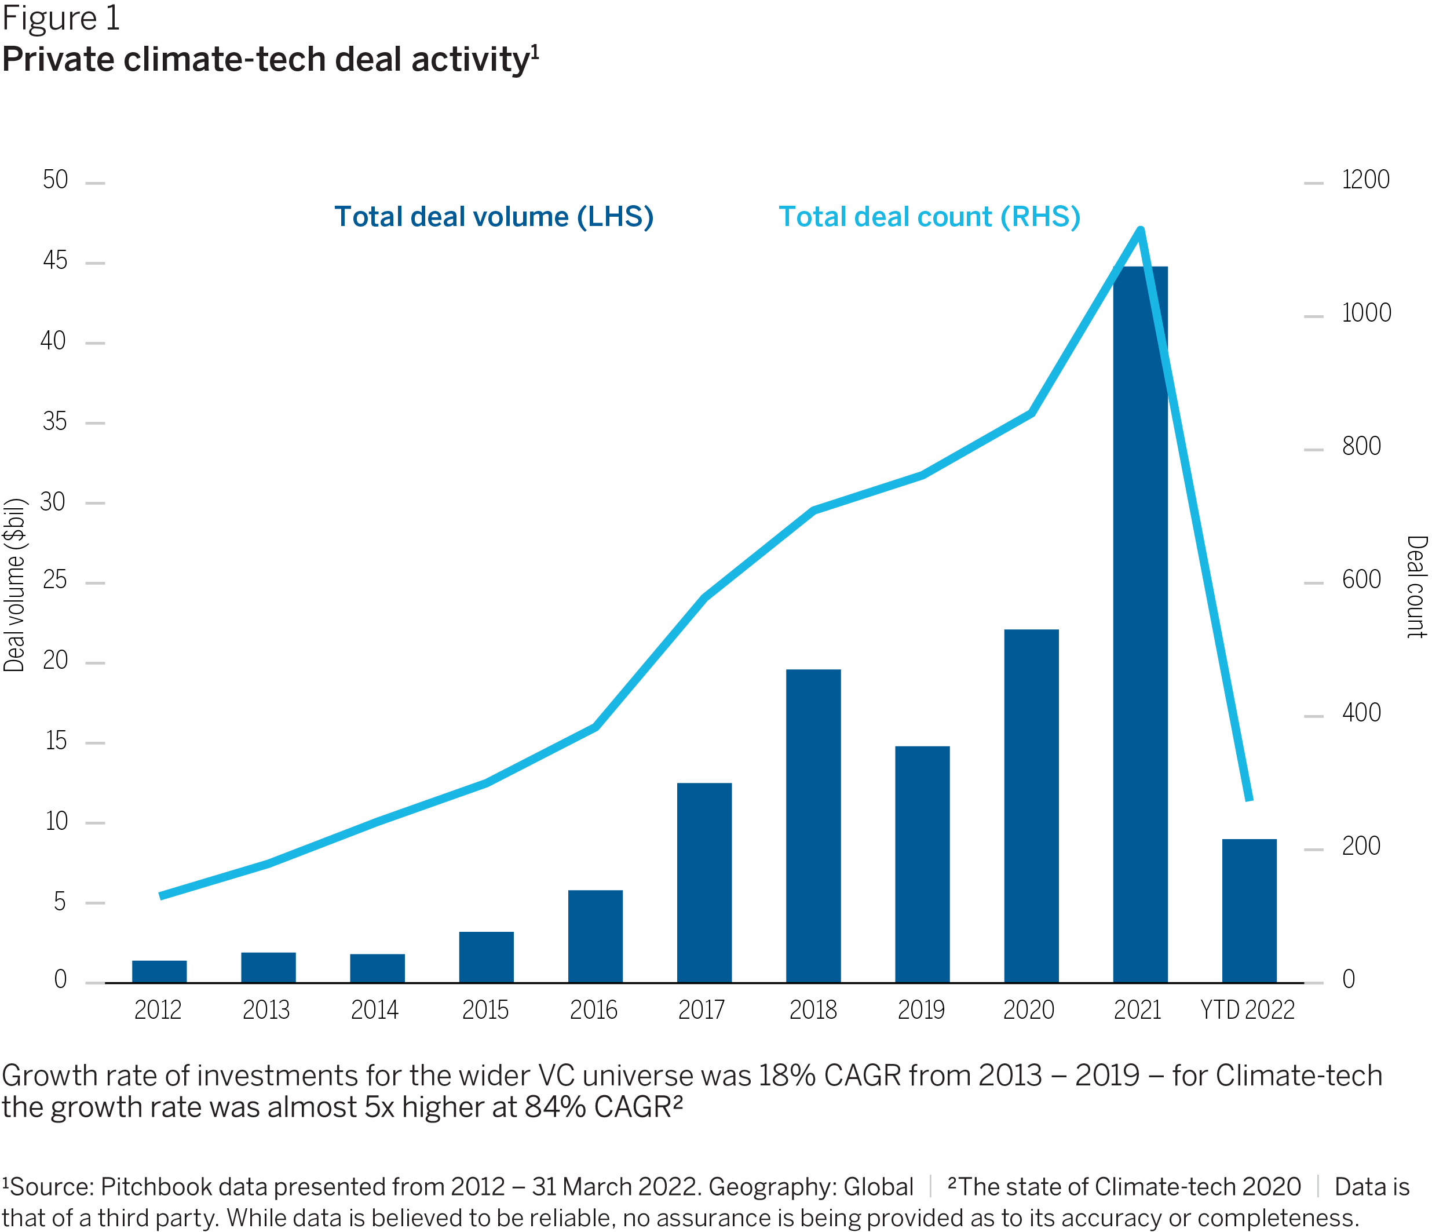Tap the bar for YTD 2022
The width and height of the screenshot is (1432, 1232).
click(x=1249, y=910)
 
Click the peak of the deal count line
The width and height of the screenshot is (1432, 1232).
click(x=1141, y=229)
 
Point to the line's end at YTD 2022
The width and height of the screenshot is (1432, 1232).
click(x=1249, y=799)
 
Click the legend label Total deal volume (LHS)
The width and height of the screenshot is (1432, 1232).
click(x=494, y=217)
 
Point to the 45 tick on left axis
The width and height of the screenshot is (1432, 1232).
click(x=55, y=261)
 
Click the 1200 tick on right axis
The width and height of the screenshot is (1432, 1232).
click(x=1365, y=180)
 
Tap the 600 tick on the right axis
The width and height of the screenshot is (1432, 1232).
click(x=1361, y=579)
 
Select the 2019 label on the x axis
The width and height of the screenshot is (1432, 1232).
click(x=920, y=1010)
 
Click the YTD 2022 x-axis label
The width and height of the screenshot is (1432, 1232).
click(x=1247, y=1010)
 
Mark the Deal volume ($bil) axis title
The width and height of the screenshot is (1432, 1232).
click(x=14, y=585)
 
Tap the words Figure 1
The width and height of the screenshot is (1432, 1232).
click(x=61, y=18)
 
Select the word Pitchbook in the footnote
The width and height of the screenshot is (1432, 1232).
click(x=144, y=1186)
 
